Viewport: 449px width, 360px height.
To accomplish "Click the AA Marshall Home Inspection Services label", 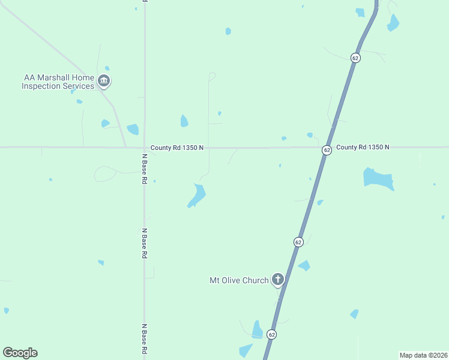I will tap(58, 82).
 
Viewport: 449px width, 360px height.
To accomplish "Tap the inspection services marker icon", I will tap(104, 81).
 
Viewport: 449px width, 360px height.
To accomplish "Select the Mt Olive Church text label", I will tap(239, 280).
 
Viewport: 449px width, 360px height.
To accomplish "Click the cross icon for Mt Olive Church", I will tap(277, 279).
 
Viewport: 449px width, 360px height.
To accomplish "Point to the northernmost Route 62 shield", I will tap(356, 58).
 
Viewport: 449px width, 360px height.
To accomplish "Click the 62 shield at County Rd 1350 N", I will tap(327, 149).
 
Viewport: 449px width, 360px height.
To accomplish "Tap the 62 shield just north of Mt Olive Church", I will tap(298, 242).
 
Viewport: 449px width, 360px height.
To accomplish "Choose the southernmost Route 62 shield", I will tap(272, 334).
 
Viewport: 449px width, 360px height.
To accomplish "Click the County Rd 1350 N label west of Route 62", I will tap(177, 148).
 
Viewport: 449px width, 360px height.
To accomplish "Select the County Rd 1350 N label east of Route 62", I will tap(363, 147).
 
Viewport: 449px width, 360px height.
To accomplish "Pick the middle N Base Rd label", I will tap(145, 242).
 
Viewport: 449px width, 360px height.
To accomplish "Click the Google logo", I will tap(20, 353).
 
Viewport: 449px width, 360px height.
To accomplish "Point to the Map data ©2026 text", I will tap(424, 355).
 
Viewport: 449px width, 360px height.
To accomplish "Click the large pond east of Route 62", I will tap(378, 178).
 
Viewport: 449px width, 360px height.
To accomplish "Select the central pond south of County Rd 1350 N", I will tap(196, 195).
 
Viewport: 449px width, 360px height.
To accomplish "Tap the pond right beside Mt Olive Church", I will tap(304, 265).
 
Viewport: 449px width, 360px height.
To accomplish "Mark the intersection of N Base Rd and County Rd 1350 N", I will tap(145, 147).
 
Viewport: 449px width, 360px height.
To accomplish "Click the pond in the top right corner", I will tap(393, 23).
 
